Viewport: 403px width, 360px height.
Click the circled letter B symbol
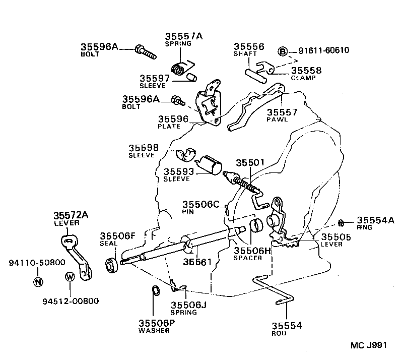pyautogui.click(x=283, y=51)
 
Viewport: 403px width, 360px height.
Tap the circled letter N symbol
pyautogui.click(x=38, y=281)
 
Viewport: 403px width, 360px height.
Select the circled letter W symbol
pyautogui.click(x=70, y=276)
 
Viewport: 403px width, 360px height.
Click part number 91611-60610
pyautogui.click(x=324, y=50)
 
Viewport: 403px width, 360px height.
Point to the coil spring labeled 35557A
pyautogui.click(x=178, y=68)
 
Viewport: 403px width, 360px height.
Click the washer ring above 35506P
pyautogui.click(x=156, y=291)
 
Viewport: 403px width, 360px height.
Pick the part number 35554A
pyautogui.click(x=376, y=220)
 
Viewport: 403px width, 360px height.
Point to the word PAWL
pyautogui.click(x=276, y=121)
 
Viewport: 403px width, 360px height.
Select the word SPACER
pyautogui.click(x=247, y=258)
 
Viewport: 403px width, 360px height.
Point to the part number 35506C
pyautogui.click(x=201, y=204)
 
